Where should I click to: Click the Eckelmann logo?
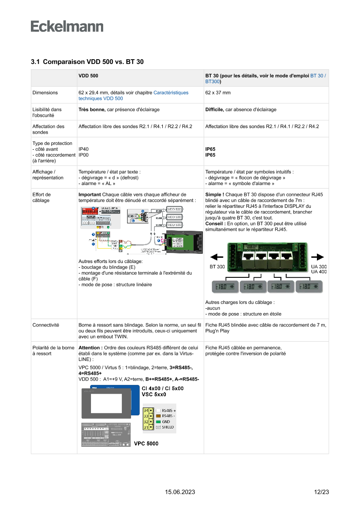click(67, 26)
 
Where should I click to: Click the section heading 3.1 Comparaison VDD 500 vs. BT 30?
click(87, 62)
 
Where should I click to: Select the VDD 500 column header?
click(88, 76)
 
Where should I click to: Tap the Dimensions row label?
click(45, 93)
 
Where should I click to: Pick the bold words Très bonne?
click(91, 110)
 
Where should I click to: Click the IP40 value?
click(83, 149)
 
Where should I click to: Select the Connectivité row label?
click(46, 325)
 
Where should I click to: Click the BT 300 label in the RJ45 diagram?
click(217, 266)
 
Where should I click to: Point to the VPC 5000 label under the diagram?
click(146, 444)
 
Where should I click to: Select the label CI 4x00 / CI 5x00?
click(162, 388)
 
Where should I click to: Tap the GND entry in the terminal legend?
click(165, 421)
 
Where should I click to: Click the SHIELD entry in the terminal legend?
click(168, 427)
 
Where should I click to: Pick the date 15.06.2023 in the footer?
click(180, 492)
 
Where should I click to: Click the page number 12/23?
click(321, 492)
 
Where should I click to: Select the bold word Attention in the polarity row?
click(90, 348)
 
